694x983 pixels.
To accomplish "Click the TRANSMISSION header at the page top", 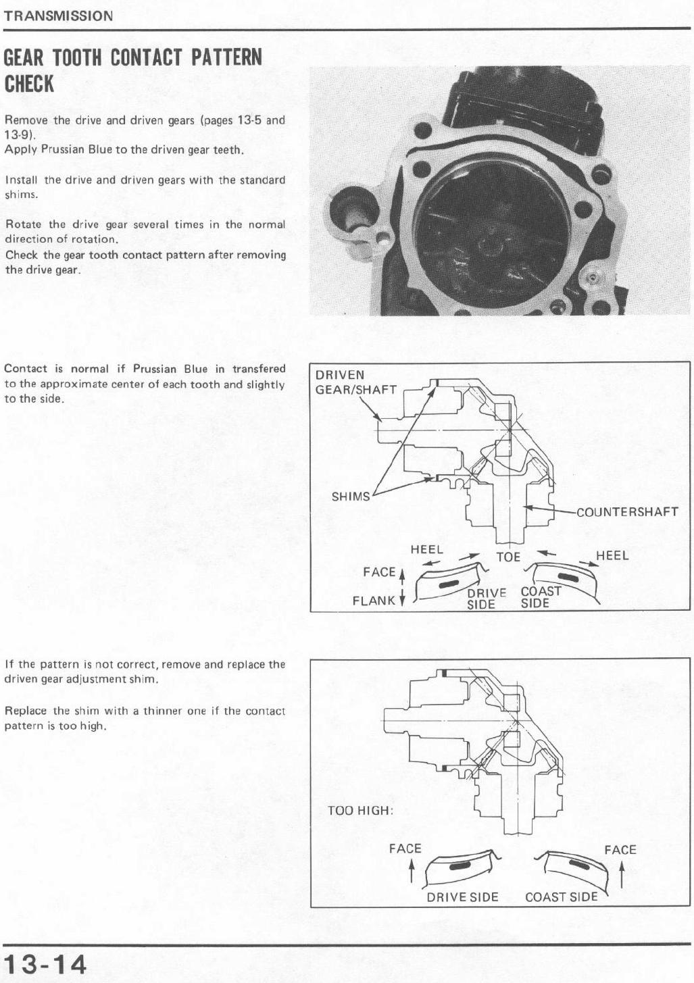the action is pos(58,16).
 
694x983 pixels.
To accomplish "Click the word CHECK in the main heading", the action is pos(29,84).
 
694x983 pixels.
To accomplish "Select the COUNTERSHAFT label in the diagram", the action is pos(627,511).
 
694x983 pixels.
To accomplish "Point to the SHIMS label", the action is pos(351,497).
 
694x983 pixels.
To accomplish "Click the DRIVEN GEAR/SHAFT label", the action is pos(356,382).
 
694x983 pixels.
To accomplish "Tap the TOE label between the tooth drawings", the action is pos(508,557).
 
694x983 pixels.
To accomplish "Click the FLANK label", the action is pos(374,601).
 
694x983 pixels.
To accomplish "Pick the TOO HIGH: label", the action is pos(360,810).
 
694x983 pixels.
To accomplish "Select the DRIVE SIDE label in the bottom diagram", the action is pos(462,897).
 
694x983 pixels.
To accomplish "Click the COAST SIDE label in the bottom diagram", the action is pos(562,897).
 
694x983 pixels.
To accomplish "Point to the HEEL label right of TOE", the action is pos(612,555).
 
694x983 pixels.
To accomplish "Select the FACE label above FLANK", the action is pos(379,572).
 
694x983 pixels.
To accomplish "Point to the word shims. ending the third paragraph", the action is pos(22,195).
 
